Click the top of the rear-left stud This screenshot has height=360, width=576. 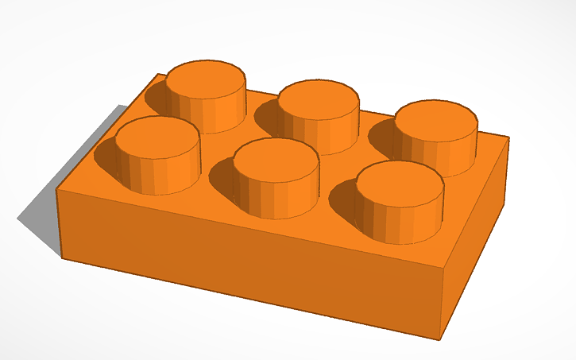click(x=205, y=76)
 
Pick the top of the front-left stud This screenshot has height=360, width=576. click(x=157, y=135)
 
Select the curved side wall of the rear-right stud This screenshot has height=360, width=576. click(x=445, y=155)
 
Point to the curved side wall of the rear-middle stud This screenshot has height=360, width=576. click(x=322, y=135)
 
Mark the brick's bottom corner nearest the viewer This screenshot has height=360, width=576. click(x=439, y=339)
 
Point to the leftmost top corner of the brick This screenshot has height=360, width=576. click(x=56, y=190)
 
